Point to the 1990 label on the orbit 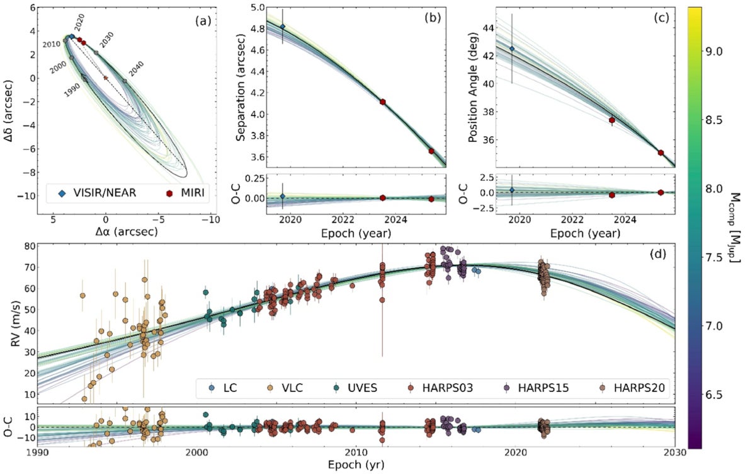coord(72,88)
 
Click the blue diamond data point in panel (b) coord(282,26)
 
